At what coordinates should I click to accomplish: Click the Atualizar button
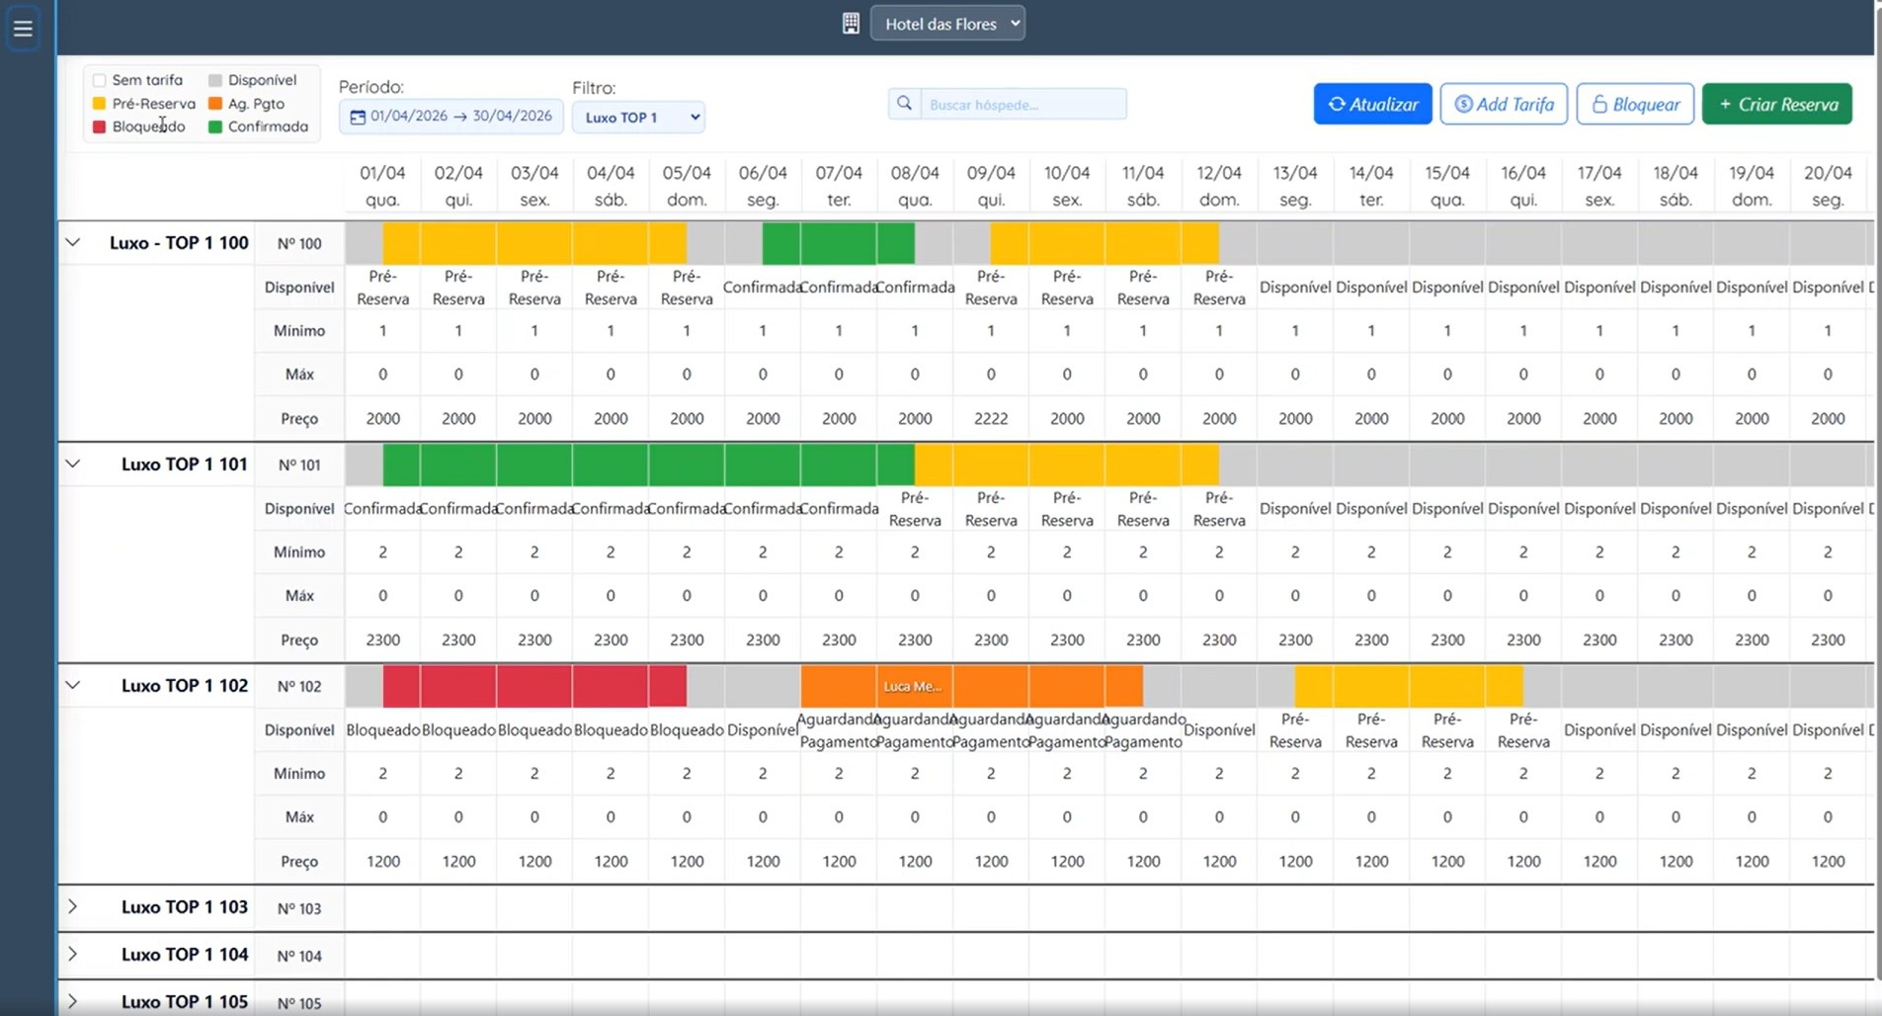coord(1372,104)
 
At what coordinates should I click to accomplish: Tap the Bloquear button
coord(1635,104)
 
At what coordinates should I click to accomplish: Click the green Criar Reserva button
coord(1776,104)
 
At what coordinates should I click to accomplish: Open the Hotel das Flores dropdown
coord(947,24)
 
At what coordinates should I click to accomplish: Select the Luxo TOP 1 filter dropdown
coord(638,117)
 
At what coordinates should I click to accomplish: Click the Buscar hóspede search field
coord(1023,104)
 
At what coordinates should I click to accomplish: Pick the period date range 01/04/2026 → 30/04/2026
coord(451,117)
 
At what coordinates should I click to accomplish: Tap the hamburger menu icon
coord(23,28)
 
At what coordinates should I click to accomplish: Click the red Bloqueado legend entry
coord(139,127)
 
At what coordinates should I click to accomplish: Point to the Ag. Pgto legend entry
coord(247,103)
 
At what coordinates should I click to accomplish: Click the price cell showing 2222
coord(991,418)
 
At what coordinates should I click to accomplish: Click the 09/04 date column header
coord(991,185)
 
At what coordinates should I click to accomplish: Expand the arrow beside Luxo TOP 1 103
coord(72,906)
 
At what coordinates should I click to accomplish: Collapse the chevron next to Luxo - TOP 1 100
coord(72,242)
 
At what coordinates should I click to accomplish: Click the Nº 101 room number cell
coord(299,465)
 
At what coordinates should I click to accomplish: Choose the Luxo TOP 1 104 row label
coord(185,955)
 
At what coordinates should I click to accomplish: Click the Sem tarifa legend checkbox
coord(99,80)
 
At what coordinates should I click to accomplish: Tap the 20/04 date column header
coord(1828,185)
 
